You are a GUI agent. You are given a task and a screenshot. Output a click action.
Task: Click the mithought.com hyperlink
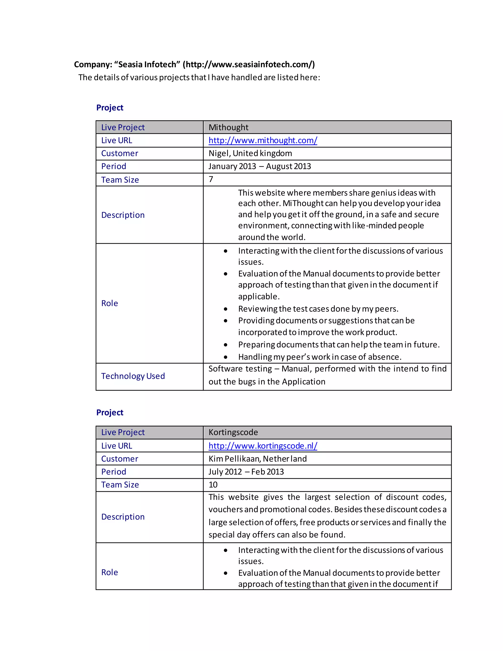[x=263, y=140]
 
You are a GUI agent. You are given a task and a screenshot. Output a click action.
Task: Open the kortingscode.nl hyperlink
[x=263, y=446]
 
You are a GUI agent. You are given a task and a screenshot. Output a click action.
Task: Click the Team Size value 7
[x=211, y=179]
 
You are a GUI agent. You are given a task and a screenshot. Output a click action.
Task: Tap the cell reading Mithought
[x=229, y=127]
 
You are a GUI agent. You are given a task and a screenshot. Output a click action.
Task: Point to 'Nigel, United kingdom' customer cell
[x=250, y=153]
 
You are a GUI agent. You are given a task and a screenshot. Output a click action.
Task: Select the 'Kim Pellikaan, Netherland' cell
[x=258, y=459]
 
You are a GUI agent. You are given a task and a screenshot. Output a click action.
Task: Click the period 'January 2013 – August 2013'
[x=260, y=166]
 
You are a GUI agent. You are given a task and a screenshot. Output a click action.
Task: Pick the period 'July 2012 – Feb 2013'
[x=246, y=472]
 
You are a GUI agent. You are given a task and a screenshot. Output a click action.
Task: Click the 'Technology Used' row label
[x=133, y=376]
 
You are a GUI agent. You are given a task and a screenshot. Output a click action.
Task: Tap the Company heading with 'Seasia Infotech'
[x=194, y=64]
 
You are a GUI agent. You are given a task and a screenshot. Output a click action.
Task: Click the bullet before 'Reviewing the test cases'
[x=225, y=309]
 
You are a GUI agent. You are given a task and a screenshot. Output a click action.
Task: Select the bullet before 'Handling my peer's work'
[x=225, y=357]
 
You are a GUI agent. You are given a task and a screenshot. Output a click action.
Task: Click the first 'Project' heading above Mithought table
[x=110, y=108]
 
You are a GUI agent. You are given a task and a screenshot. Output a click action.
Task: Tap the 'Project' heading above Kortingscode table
[x=110, y=412]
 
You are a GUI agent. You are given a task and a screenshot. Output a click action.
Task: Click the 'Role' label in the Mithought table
[x=110, y=303]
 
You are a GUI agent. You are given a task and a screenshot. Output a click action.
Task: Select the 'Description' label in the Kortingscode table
[x=123, y=517]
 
